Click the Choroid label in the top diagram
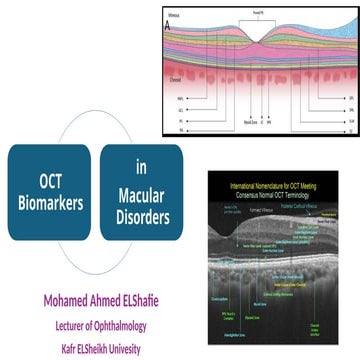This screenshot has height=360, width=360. pos(178,77)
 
